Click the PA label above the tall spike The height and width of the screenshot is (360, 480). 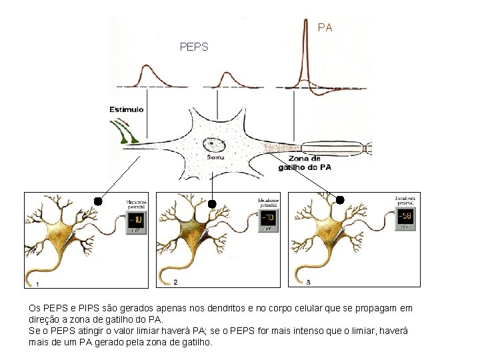pyautogui.click(x=325, y=28)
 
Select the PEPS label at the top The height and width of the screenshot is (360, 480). pyautogui.click(x=194, y=47)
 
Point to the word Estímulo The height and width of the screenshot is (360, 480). pyautogui.click(x=127, y=109)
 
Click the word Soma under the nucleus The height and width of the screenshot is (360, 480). pyautogui.click(x=215, y=157)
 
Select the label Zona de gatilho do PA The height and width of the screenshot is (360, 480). pyautogui.click(x=305, y=163)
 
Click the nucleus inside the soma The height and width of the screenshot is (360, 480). pyautogui.click(x=211, y=143)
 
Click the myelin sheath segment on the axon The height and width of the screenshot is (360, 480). pyautogui.click(x=333, y=148)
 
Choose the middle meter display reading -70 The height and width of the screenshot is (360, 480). pyautogui.click(x=269, y=218)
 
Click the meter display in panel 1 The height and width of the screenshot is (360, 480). pyautogui.click(x=137, y=220)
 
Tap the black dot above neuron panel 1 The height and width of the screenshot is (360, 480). pyautogui.click(x=97, y=201)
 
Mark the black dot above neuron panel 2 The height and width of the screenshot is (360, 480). pyautogui.click(x=212, y=203)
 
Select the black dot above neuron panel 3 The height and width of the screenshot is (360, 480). pyautogui.click(x=339, y=199)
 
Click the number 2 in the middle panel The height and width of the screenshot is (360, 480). pyautogui.click(x=175, y=283)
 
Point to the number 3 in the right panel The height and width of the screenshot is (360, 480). pyautogui.click(x=308, y=283)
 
